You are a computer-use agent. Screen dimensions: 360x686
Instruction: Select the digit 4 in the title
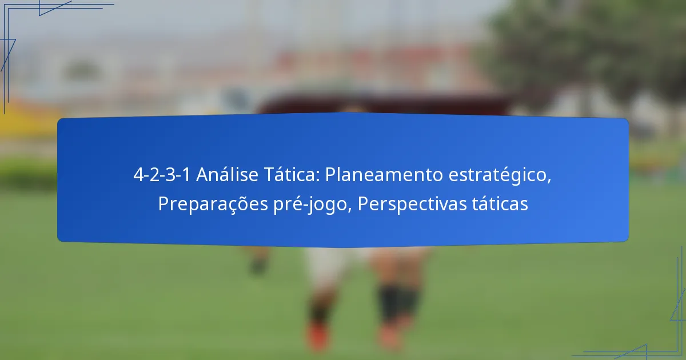(x=138, y=175)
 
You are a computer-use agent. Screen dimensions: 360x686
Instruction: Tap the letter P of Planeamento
(x=330, y=175)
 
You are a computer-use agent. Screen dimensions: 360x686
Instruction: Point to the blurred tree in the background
(x=583, y=51)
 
